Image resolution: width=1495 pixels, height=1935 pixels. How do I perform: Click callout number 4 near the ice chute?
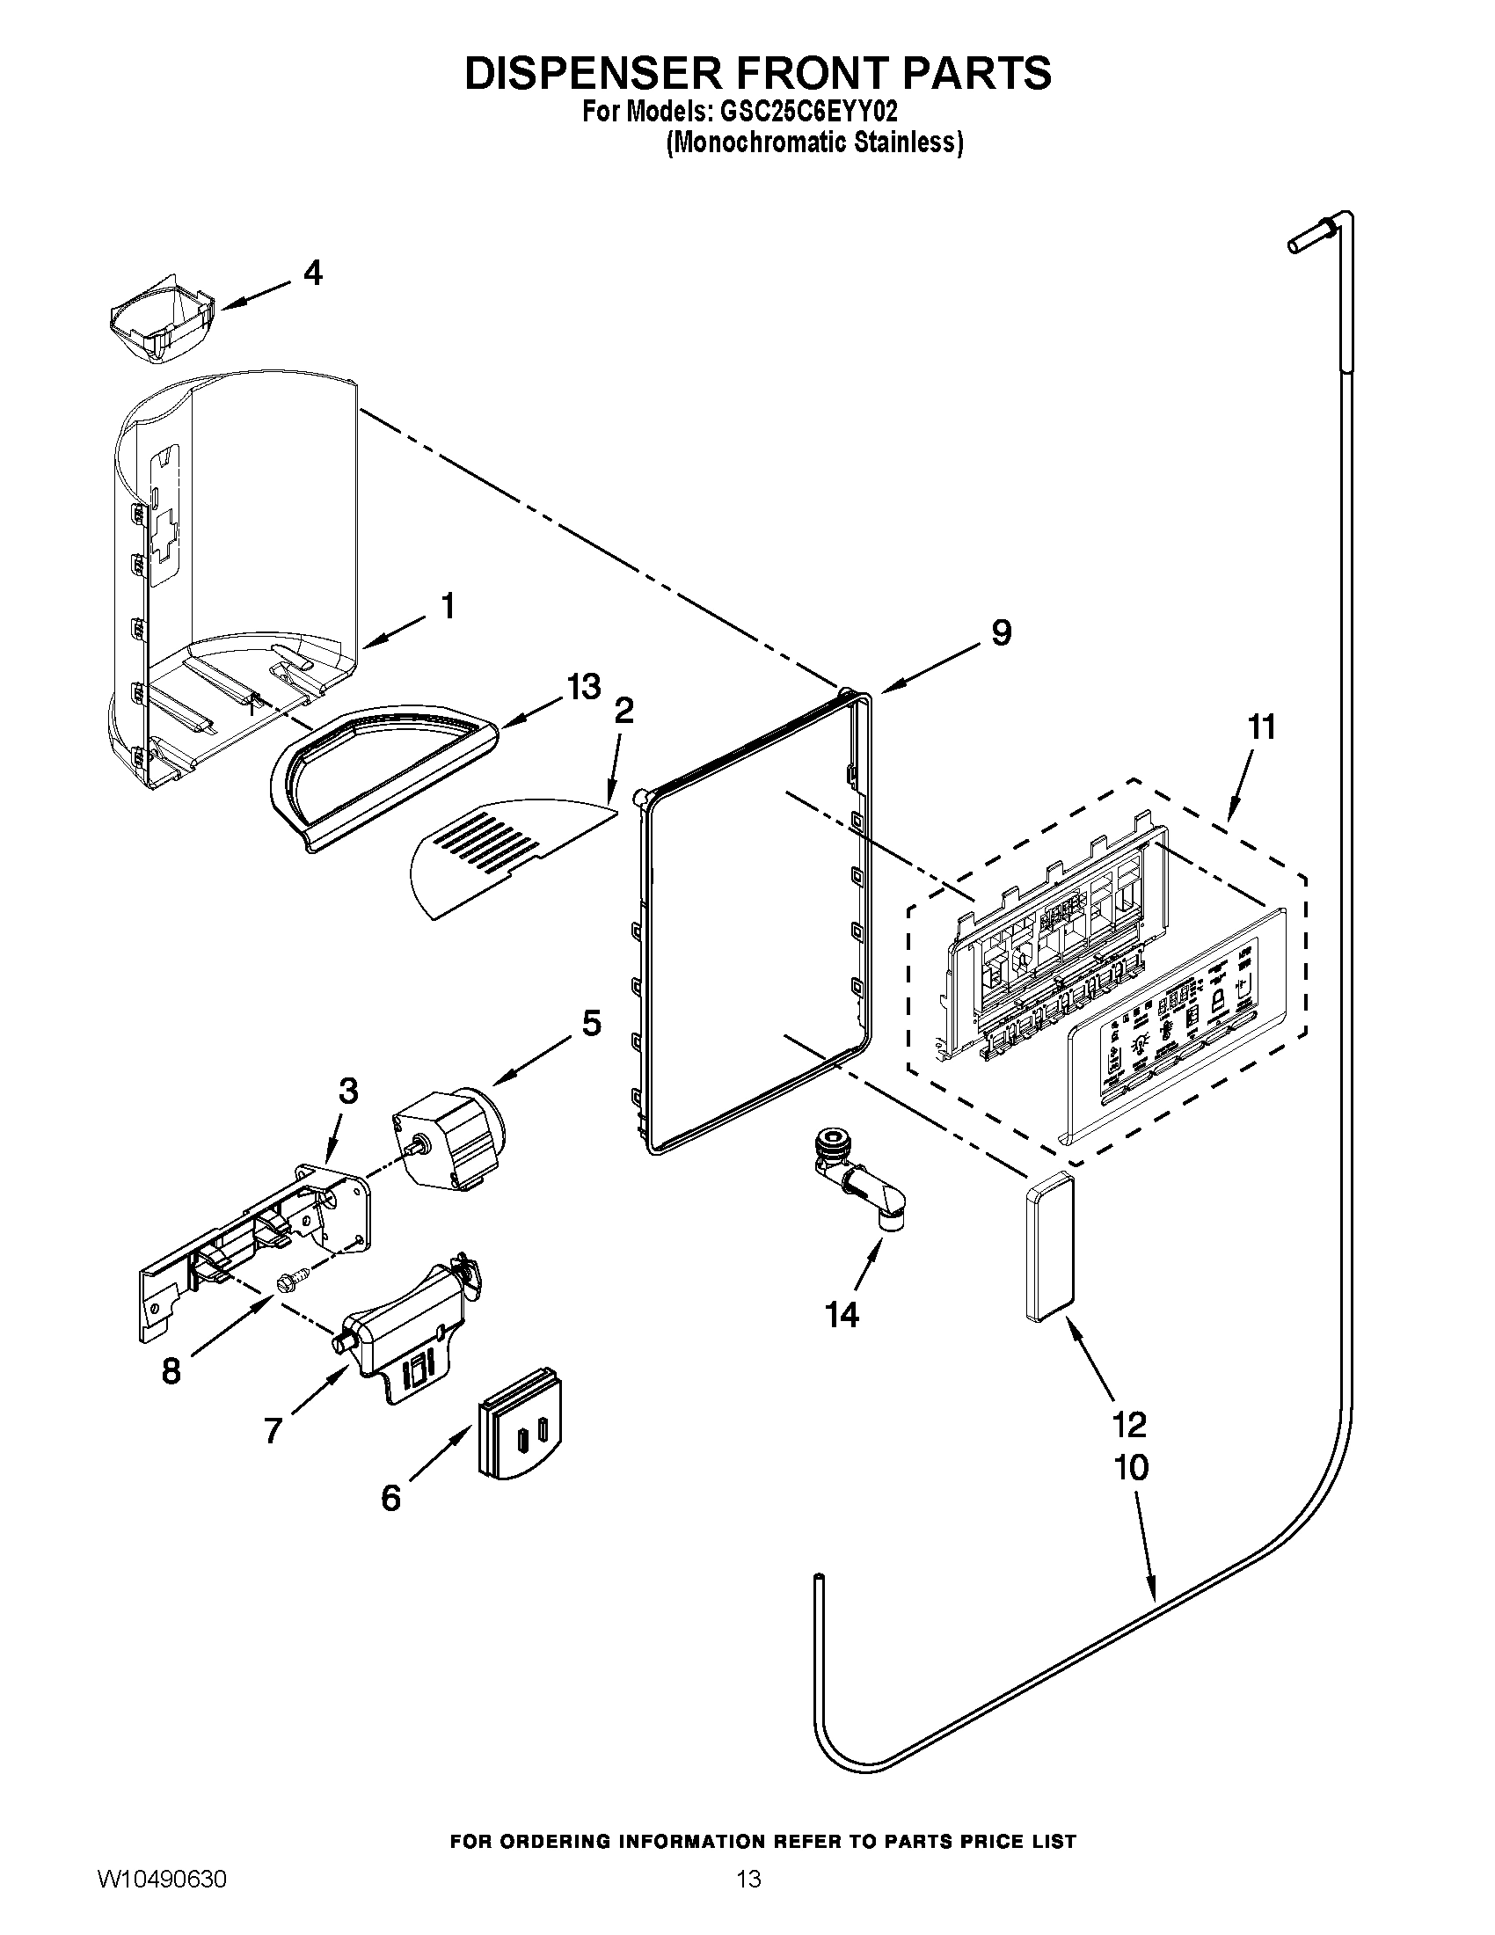point(313,273)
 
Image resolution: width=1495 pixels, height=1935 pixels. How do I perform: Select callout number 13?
point(584,687)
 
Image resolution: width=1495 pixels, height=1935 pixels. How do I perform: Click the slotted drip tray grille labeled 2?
point(500,855)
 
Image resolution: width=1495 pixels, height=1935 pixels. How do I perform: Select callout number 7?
point(273,1430)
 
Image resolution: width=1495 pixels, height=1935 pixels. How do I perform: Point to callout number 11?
point(1261,727)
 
